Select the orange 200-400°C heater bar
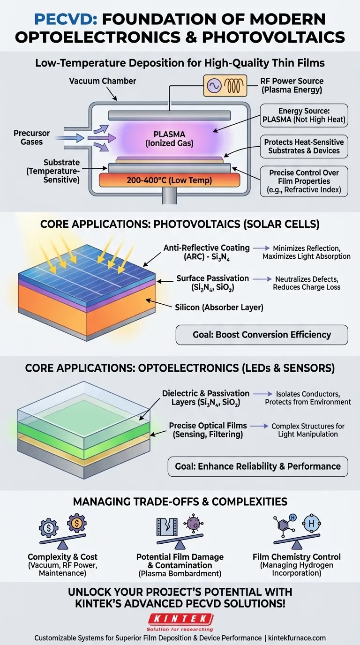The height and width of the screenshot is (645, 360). point(169,180)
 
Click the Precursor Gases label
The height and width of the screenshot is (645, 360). point(31,137)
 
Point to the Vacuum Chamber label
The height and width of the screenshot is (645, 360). point(102,81)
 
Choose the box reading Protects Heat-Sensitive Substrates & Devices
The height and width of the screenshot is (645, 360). point(304,146)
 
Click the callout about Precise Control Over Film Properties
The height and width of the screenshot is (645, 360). point(304,181)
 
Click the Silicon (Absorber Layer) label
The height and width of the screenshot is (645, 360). point(219,307)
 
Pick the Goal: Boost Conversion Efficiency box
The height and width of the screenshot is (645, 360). point(262,335)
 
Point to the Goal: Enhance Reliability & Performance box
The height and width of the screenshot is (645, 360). point(258,466)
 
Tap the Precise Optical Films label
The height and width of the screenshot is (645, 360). point(208,430)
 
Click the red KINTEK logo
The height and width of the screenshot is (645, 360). point(180,617)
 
